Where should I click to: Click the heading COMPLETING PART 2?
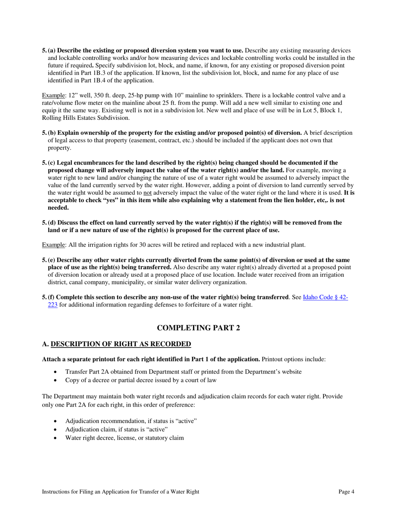pyautogui.click(x=198, y=328)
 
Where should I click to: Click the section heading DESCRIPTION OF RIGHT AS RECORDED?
pyautogui.click(x=120, y=344)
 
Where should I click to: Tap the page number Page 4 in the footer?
pyautogui.click(x=346, y=492)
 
